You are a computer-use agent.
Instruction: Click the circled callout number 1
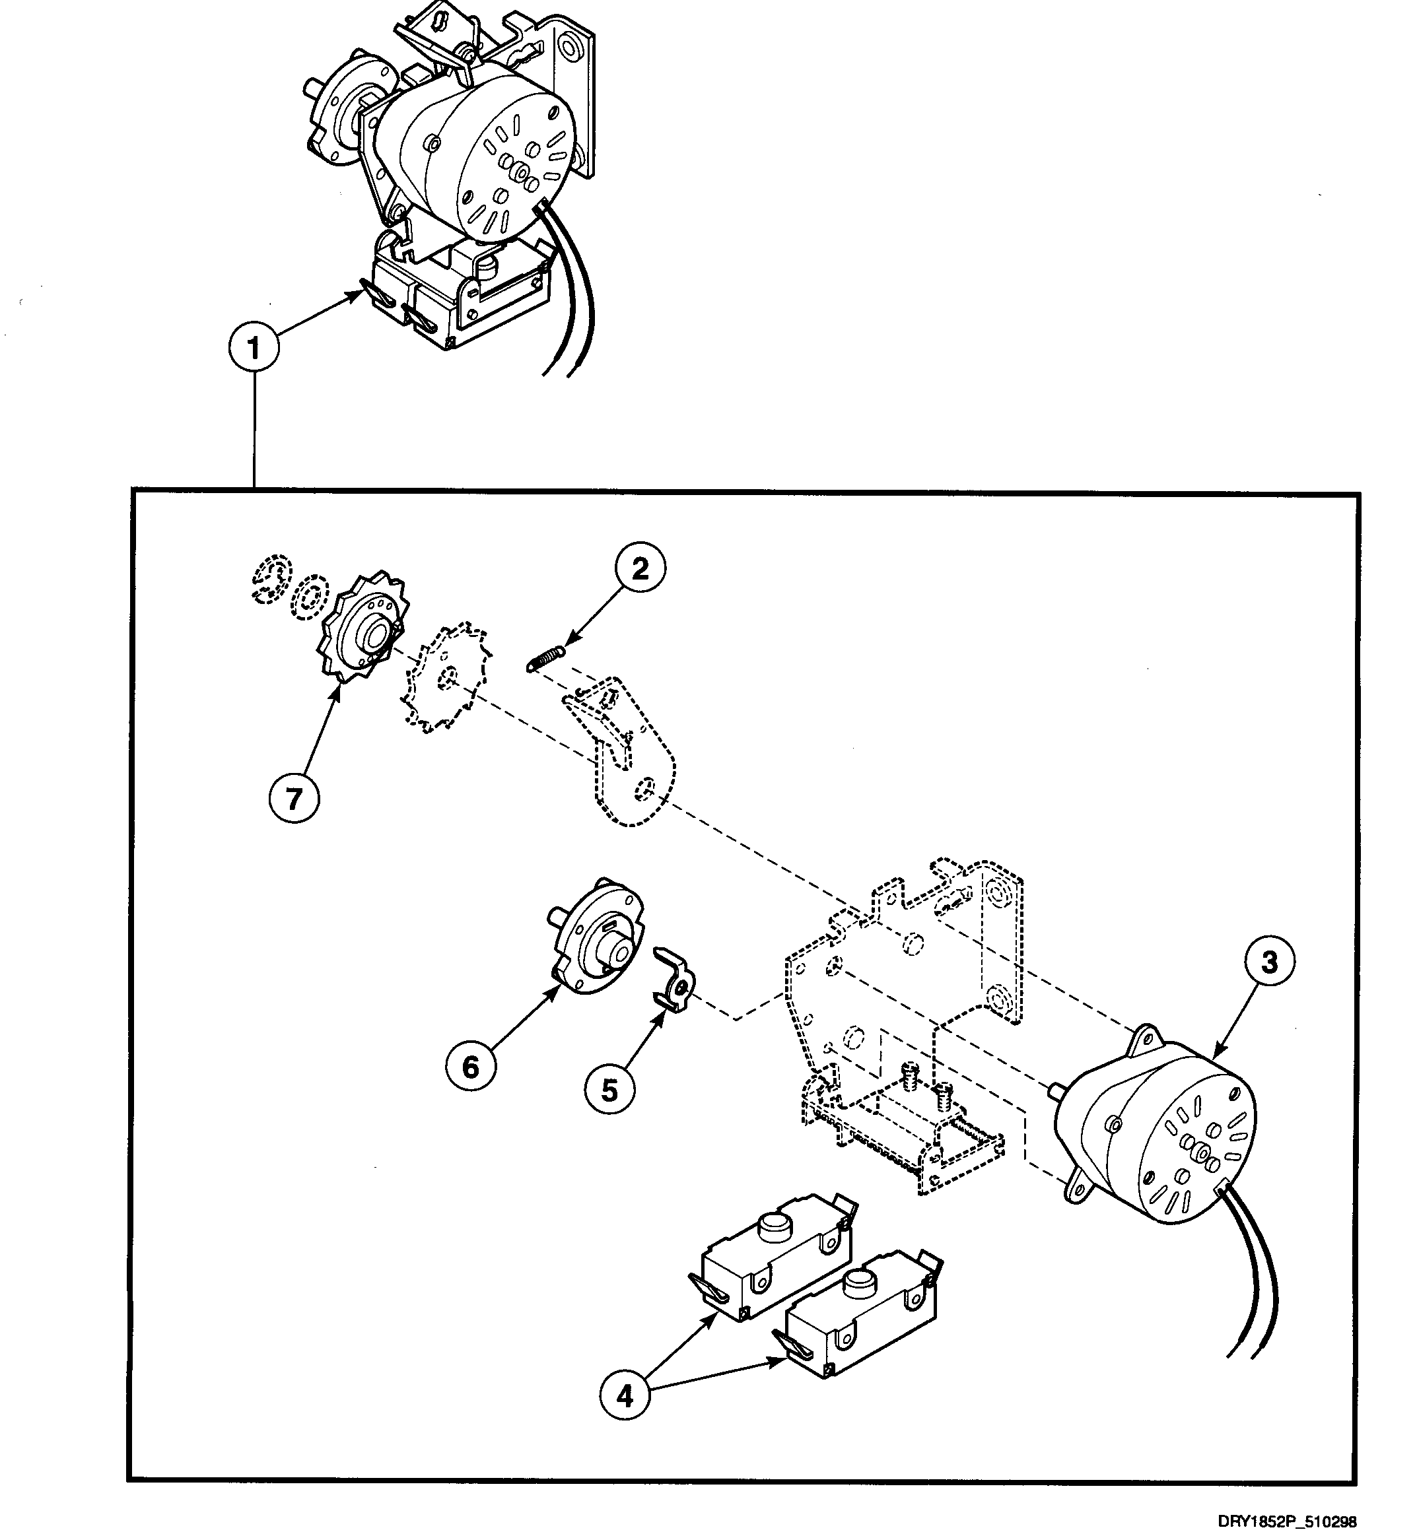253,348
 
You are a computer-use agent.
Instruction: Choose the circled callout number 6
470,1067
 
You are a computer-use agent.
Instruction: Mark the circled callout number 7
294,799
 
